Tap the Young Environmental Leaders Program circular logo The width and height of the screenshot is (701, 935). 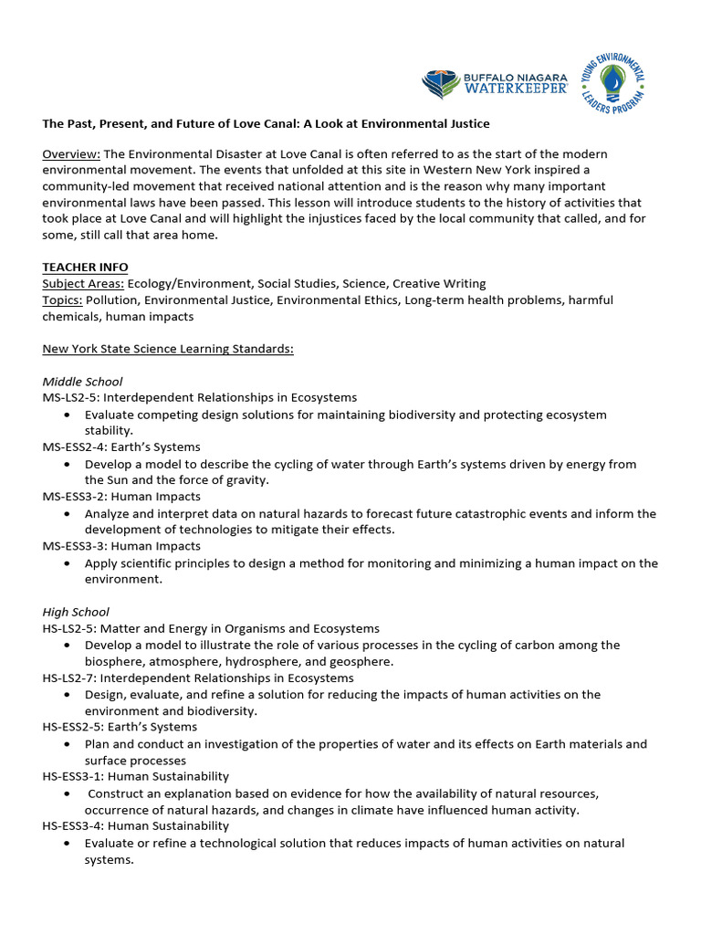[x=612, y=79]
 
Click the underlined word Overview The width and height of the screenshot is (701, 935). [x=71, y=153]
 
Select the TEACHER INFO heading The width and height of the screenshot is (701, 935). [x=84, y=268]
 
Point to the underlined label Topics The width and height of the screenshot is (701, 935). [x=62, y=300]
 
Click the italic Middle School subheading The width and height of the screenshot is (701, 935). [x=82, y=382]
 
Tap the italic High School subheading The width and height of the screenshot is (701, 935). [x=76, y=612]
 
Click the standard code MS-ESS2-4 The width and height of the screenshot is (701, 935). [x=75, y=447]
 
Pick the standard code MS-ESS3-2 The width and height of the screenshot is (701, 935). [x=75, y=497]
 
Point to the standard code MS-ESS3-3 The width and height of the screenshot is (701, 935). [x=75, y=546]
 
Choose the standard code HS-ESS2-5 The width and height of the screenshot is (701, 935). [x=74, y=728]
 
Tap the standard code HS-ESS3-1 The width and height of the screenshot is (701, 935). [x=74, y=777]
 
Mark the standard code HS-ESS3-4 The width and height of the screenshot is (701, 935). [x=74, y=826]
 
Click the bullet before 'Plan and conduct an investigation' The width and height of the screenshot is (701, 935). [x=69, y=744]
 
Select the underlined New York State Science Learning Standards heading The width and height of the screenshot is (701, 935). [x=168, y=349]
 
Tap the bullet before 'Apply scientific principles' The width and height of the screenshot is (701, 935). [x=69, y=563]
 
